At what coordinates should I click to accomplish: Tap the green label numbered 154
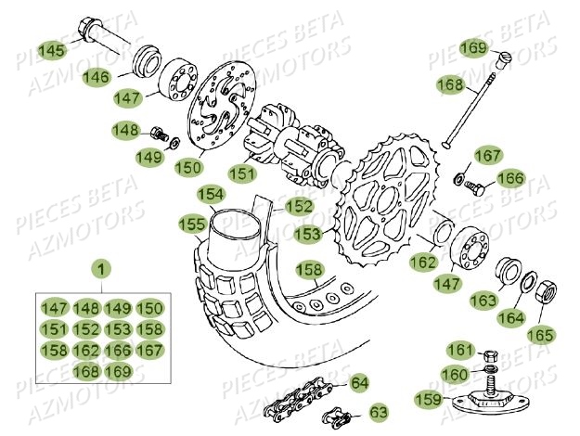[211, 194]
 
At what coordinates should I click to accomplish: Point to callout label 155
[192, 224]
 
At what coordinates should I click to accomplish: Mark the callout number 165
[540, 334]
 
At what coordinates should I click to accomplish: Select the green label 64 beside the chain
[359, 382]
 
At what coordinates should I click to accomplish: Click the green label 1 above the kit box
[101, 270]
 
